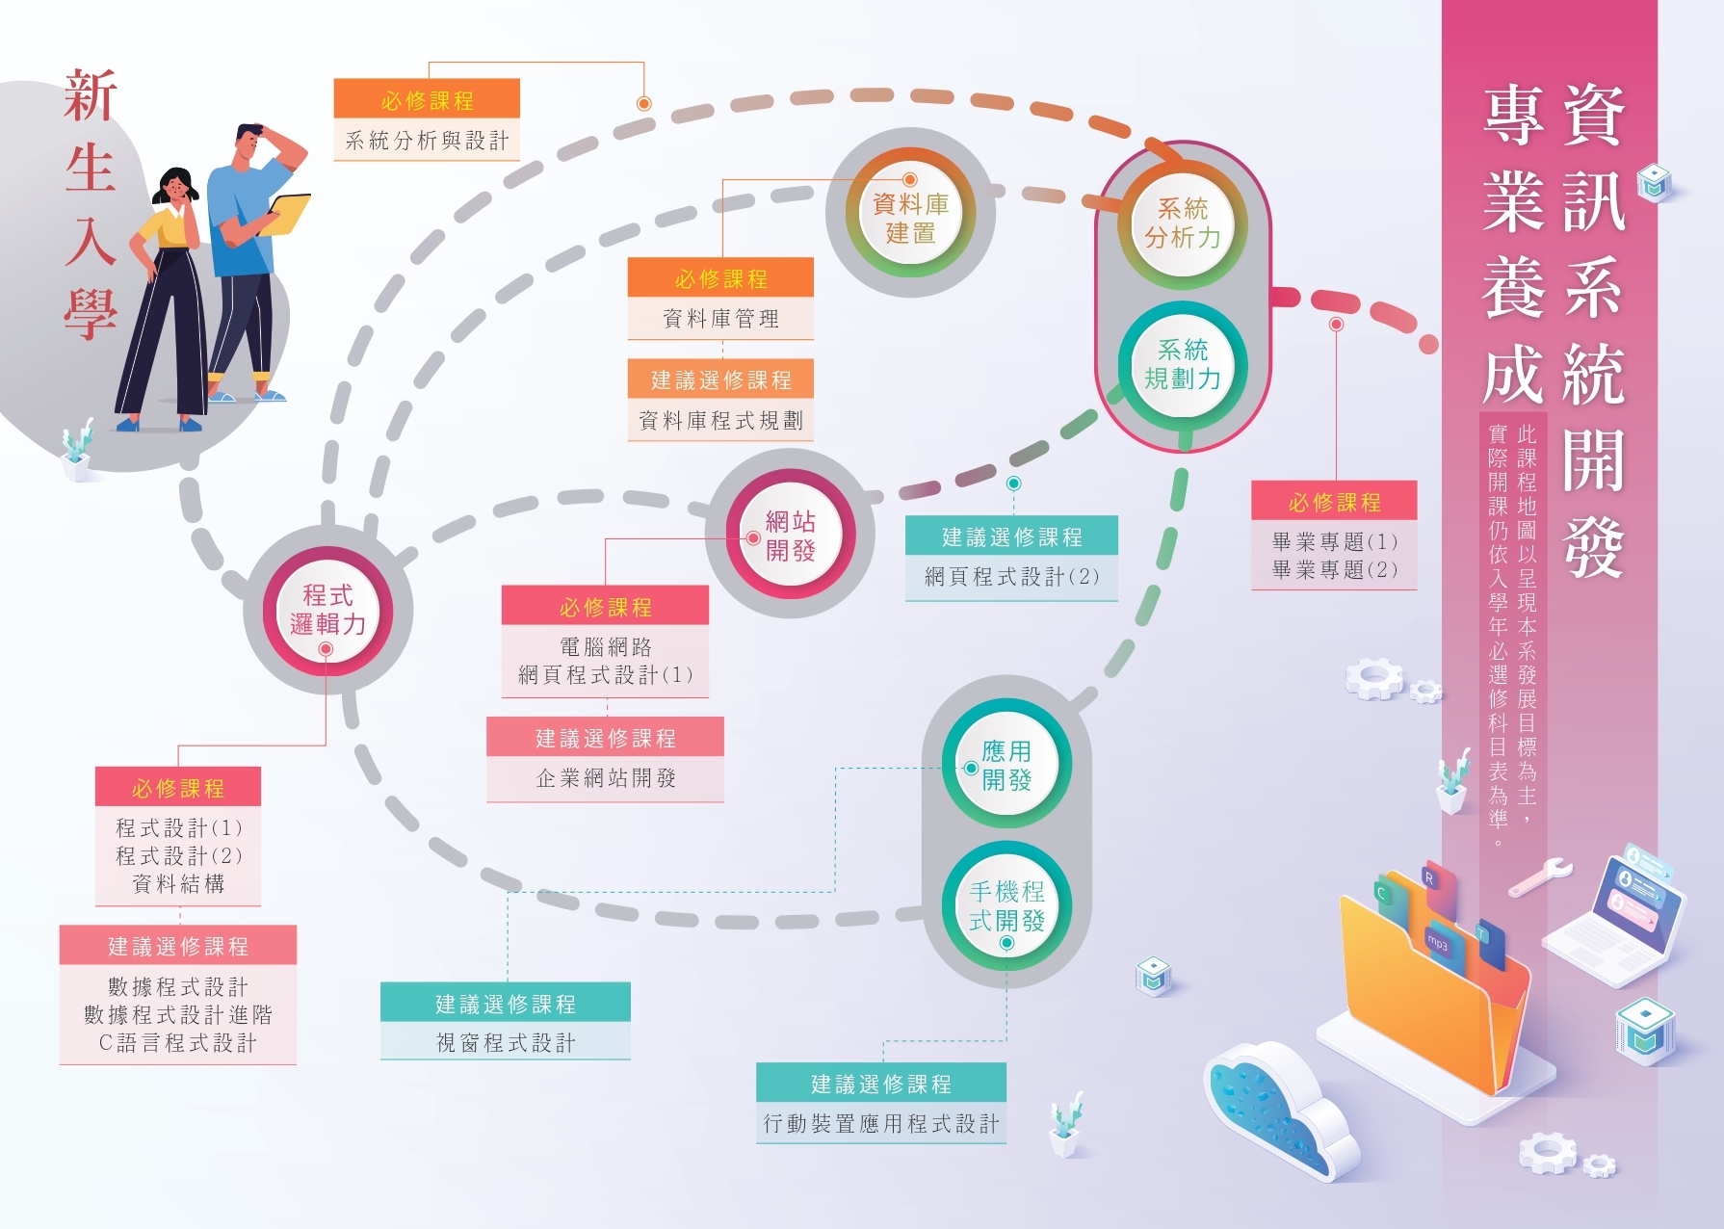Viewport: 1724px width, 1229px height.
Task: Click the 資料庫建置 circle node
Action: pos(910,218)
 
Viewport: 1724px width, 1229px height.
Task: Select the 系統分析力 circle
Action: pos(1183,222)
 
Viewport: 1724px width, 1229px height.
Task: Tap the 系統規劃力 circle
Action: pos(1183,364)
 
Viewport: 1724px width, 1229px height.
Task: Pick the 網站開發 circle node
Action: pos(790,536)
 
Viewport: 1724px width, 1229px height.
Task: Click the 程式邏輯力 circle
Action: pos(327,610)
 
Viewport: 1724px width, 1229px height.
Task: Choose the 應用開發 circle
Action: pos(1006,765)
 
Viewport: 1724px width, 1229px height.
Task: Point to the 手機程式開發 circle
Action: pos(1006,905)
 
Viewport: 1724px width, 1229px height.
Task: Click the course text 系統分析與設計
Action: pos(427,141)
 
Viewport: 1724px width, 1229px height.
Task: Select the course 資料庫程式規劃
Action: pos(720,421)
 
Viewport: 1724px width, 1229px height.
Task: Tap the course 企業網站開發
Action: pos(606,778)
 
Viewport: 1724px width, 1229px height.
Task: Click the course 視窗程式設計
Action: pos(506,1043)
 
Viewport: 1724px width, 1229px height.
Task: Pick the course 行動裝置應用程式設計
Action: pos(881,1124)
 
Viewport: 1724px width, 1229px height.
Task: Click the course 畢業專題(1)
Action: pos(1334,541)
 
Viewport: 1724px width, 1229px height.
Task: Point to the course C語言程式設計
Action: pos(178,1043)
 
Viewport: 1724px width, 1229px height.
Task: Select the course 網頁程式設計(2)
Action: pos(1011,577)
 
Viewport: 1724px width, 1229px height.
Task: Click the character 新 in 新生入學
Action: pos(91,96)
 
